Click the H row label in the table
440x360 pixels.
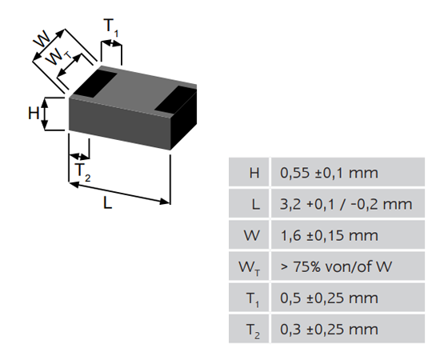pos(254,173)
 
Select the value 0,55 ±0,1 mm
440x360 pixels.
pos(329,173)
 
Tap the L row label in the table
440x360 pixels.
pos(255,204)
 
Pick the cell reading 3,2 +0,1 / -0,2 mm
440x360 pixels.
pos(346,204)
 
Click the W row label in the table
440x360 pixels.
pos(252,235)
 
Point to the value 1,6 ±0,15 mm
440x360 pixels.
pos(329,235)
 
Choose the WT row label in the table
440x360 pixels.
pos(250,268)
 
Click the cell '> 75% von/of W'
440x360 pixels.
pos(336,266)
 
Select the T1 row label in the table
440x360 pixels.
pos(253,299)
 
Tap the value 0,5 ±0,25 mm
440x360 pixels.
pos(329,298)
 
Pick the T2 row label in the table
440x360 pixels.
pos(253,330)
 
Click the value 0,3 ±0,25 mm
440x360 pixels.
pos(329,330)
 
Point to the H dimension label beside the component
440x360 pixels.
pos(34,114)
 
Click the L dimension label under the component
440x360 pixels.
pos(107,202)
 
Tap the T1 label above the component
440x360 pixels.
pos(111,27)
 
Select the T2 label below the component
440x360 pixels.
pos(82,172)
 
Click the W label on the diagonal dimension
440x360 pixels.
pos(42,39)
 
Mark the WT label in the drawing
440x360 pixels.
pos(58,56)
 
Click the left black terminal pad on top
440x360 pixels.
pos(95,83)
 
